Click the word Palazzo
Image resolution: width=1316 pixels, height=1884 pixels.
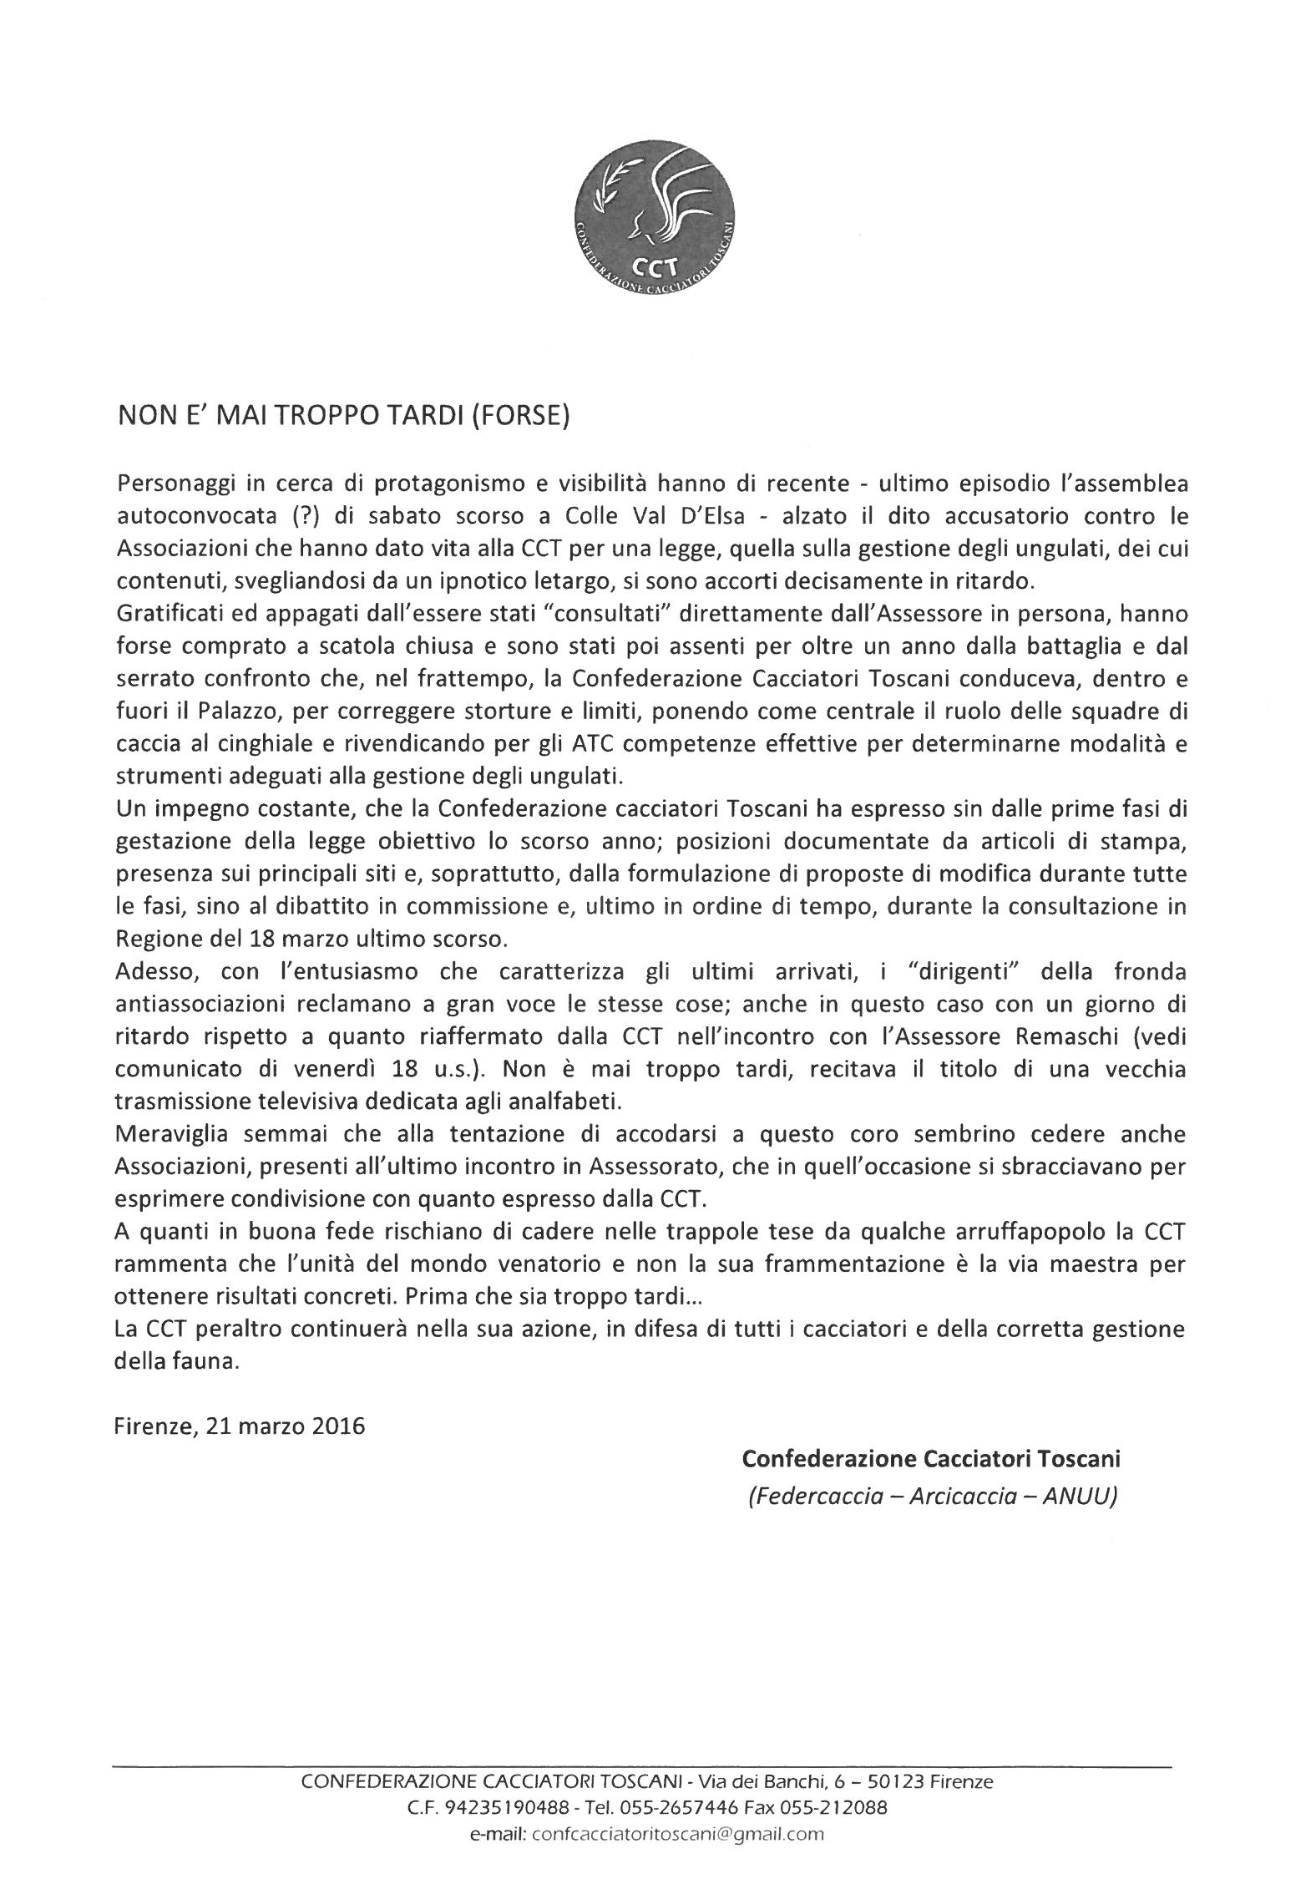[x=215, y=712]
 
